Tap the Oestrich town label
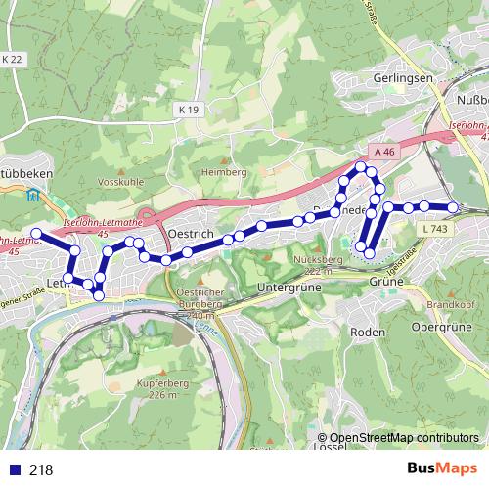192,235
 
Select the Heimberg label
223,172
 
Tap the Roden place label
367,332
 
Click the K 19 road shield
189,111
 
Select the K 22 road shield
12,60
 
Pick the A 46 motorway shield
383,152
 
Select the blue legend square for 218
11,469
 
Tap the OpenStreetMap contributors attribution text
404,438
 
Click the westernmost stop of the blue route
36,233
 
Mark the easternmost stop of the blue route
453,207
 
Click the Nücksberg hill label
315,260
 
